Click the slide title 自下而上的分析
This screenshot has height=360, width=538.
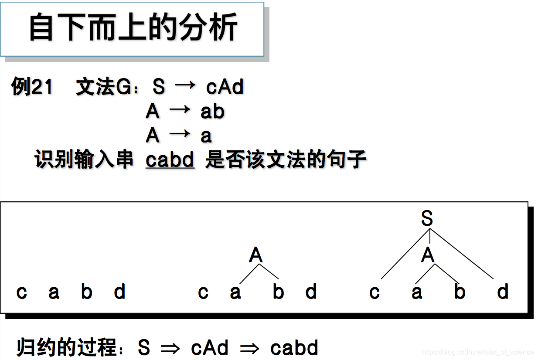tap(133, 28)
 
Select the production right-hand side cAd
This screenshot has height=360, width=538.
tap(225, 87)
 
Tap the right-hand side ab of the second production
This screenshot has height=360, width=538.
tap(212, 112)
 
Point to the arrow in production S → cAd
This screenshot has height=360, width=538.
tap(185, 86)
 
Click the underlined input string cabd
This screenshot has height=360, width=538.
tap(170, 160)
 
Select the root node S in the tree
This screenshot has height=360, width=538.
tap(427, 218)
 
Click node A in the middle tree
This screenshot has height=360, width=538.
tap(256, 255)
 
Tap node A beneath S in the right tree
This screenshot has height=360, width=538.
tap(428, 255)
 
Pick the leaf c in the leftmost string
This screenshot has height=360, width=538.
tap(21, 292)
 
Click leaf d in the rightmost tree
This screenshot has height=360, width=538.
tap(503, 292)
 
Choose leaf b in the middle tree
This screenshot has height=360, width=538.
tap(278, 292)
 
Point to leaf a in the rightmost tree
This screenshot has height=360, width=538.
tap(417, 292)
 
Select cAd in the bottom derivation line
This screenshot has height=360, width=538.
tap(210, 348)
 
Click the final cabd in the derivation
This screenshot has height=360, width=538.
tap(294, 348)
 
